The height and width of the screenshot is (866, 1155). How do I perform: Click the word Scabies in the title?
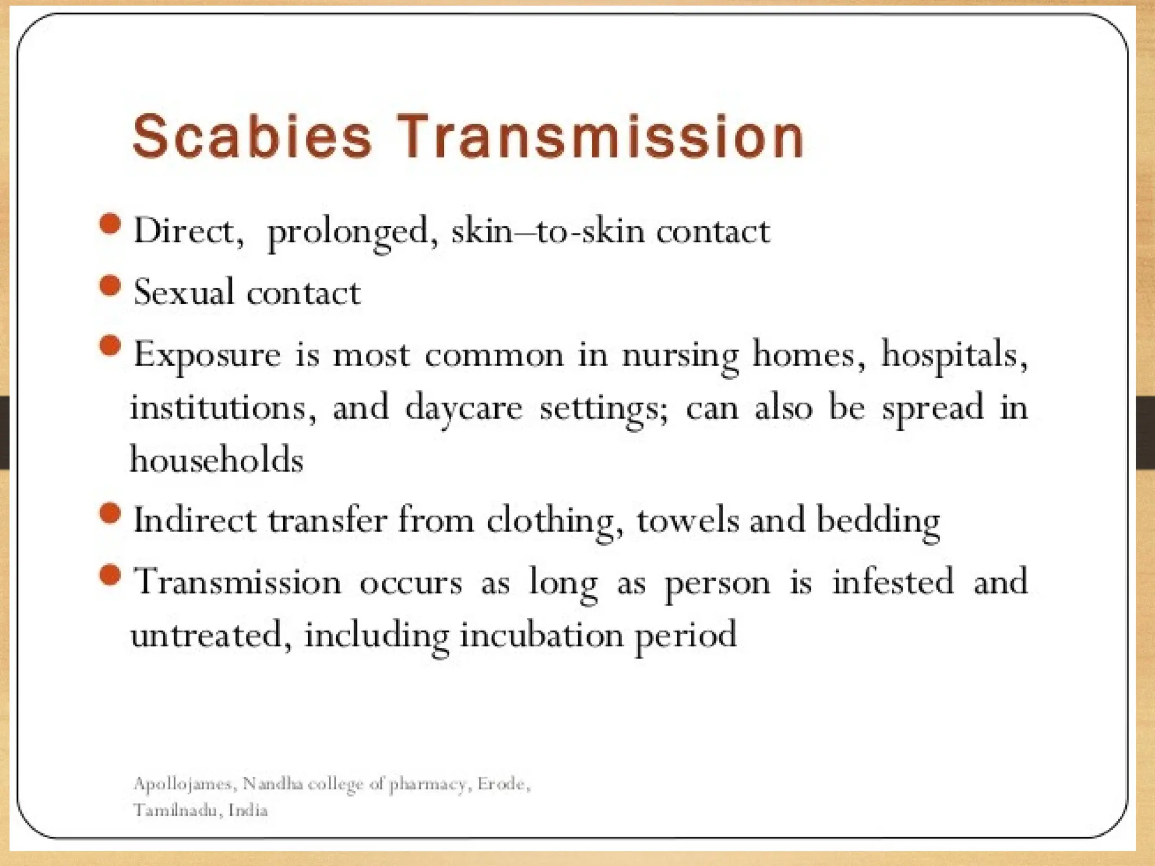pos(252,137)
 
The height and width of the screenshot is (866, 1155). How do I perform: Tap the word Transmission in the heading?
pos(601,137)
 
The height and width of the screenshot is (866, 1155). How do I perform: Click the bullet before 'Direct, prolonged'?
pos(110,224)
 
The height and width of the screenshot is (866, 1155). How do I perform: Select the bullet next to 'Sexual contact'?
pos(110,285)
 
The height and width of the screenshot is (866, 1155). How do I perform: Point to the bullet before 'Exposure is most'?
pos(110,346)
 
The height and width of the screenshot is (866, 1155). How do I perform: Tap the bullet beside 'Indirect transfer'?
pos(110,513)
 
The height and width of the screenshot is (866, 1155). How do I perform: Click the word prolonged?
pos(347,233)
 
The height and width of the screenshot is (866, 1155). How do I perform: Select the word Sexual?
pos(183,293)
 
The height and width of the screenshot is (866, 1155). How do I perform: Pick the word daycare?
pos(464,408)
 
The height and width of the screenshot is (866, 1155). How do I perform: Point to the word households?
pos(217,459)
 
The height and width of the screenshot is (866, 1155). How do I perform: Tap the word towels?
pos(687,520)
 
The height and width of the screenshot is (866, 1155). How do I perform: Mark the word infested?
pos(893,582)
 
